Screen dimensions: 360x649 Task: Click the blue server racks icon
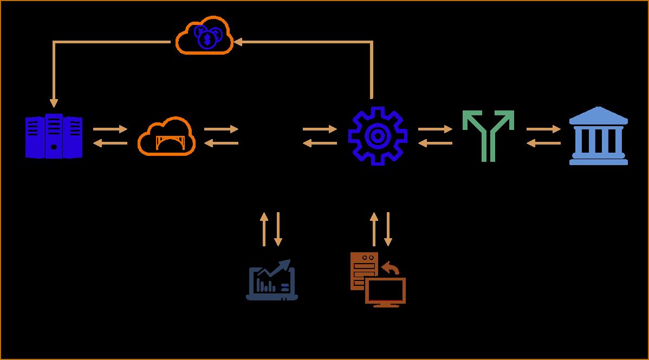(x=54, y=136)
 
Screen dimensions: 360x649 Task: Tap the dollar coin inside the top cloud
(x=207, y=39)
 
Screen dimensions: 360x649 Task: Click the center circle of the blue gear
(x=377, y=136)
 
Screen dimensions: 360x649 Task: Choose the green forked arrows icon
(x=488, y=135)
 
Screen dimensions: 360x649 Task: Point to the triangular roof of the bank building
(x=599, y=114)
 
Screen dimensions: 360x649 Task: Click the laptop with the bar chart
(x=272, y=280)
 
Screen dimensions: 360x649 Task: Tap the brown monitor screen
(x=385, y=291)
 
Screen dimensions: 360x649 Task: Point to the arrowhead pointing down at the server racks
(x=54, y=103)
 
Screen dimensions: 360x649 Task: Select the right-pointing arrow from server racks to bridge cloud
(x=110, y=129)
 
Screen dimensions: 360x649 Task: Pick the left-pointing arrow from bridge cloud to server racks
(x=110, y=143)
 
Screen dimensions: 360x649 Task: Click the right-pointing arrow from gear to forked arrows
(x=435, y=129)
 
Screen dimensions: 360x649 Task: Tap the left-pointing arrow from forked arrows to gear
(x=435, y=143)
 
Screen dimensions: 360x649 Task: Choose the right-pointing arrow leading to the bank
(x=543, y=129)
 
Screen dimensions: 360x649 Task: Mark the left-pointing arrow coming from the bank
(x=543, y=143)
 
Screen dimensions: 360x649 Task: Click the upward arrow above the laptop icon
(x=264, y=229)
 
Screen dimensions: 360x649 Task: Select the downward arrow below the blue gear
(x=387, y=229)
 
